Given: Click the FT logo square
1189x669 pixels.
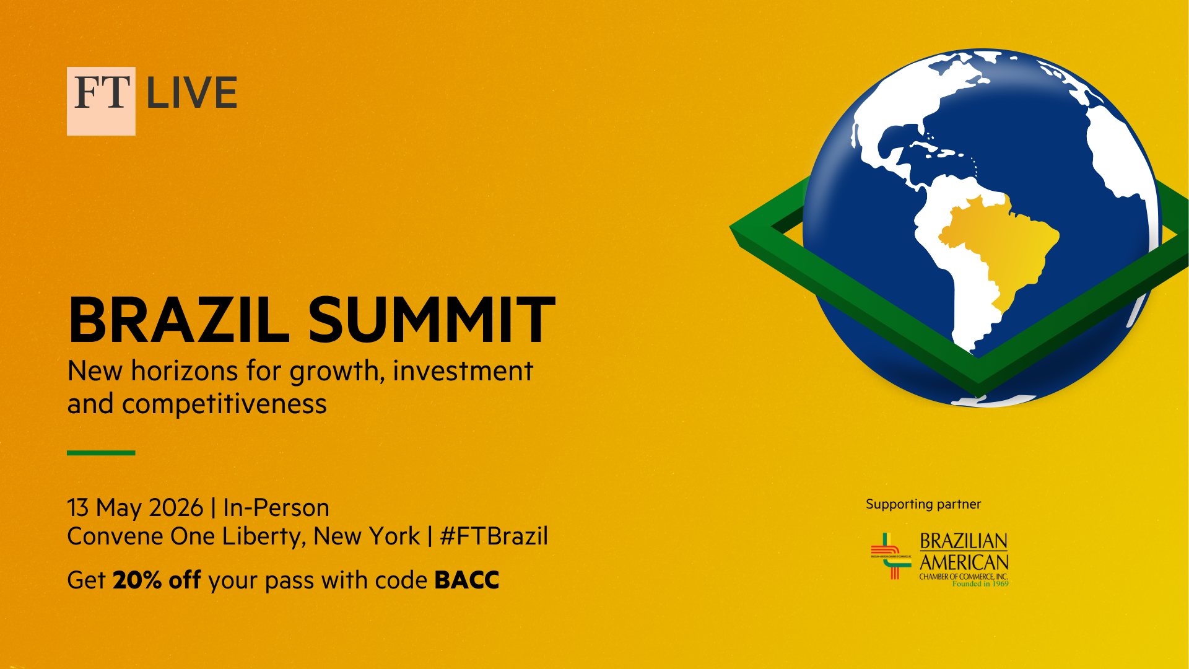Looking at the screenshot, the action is pyautogui.click(x=101, y=101).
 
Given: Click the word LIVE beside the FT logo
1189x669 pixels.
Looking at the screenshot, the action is pyautogui.click(x=192, y=93).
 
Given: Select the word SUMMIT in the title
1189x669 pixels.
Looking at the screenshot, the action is pyautogui.click(x=432, y=320).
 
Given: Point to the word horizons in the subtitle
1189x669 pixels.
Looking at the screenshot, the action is pyautogui.click(x=185, y=371).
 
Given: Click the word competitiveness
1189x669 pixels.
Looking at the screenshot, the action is pyautogui.click(x=224, y=404).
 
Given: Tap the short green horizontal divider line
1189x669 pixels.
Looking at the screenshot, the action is pyautogui.click(x=101, y=453).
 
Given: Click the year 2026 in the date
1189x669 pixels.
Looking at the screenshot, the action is pyautogui.click(x=176, y=508).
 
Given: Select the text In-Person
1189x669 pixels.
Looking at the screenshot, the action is pyautogui.click(x=276, y=508).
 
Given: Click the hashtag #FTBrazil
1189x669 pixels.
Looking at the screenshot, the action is pyautogui.click(x=494, y=536).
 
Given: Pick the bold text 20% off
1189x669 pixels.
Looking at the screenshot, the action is pyautogui.click(x=157, y=580).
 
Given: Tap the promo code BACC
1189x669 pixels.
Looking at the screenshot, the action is pyautogui.click(x=467, y=580).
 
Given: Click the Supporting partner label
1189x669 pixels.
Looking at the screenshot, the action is pyautogui.click(x=923, y=505).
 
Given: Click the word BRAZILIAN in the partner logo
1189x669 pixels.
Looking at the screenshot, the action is pyautogui.click(x=964, y=542).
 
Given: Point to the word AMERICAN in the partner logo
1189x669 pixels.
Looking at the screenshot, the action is pyautogui.click(x=964, y=562).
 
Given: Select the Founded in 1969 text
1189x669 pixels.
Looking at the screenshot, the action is pyautogui.click(x=980, y=584).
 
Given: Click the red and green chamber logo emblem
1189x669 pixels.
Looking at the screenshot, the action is pyautogui.click(x=891, y=556).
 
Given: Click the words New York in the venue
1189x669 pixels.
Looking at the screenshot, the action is pyautogui.click(x=367, y=536).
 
